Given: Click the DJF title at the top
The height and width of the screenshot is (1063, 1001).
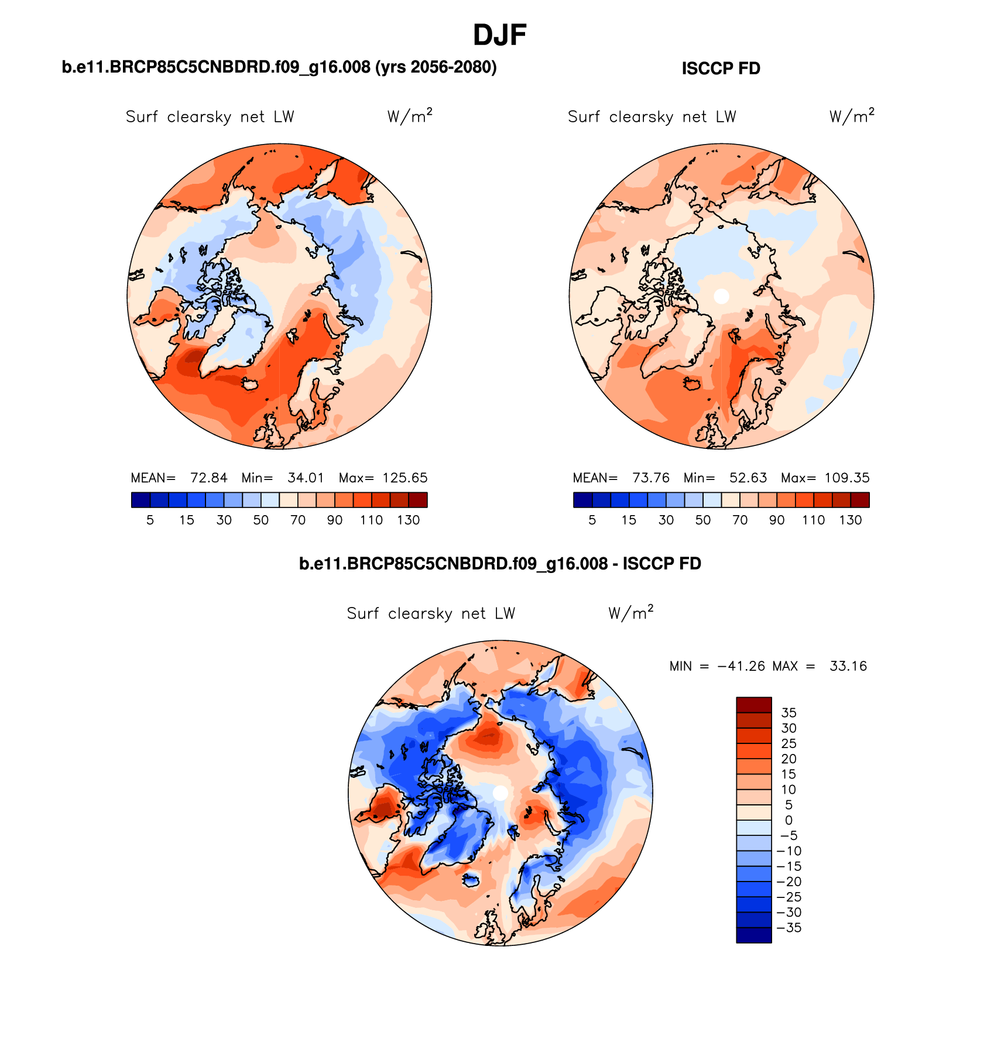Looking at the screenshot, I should tap(499, 35).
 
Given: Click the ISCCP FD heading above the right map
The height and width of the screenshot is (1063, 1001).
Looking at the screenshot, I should tap(721, 68).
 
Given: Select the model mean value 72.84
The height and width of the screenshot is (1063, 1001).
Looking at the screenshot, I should tap(208, 478).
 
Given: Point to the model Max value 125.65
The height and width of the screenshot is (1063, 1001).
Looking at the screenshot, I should tap(404, 478).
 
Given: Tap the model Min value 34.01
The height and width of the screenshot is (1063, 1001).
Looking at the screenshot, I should tap(306, 478).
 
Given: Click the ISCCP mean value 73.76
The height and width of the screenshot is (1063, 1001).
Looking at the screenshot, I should tap(650, 478).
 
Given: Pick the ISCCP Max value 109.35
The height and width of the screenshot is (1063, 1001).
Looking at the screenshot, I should tap(846, 478).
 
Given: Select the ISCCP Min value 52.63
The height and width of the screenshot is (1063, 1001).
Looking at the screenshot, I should tap(748, 478).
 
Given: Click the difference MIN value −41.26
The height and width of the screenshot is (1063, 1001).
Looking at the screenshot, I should tap(741, 666).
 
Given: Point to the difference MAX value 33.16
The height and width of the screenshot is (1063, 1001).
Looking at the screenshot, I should tap(848, 666).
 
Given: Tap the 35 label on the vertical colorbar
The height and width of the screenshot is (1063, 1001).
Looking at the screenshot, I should tap(789, 713).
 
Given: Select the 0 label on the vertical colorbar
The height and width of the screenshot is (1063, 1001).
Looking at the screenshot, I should tap(789, 821).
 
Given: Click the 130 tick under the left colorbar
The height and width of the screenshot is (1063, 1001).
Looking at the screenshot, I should tap(408, 520).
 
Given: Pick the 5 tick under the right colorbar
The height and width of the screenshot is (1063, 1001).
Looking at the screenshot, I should tap(592, 520).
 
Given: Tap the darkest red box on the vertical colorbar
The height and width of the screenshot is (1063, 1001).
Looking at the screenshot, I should tap(753, 705).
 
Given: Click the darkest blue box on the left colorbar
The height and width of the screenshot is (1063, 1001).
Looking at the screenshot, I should tap(141, 500).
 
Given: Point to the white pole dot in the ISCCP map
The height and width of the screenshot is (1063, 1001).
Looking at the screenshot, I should tap(721, 296).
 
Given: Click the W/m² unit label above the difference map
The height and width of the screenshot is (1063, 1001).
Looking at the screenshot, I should tap(630, 613).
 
